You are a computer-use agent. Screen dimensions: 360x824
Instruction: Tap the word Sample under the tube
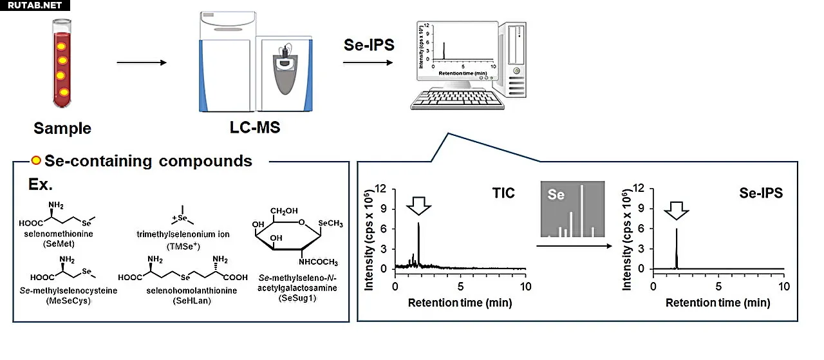click(62, 128)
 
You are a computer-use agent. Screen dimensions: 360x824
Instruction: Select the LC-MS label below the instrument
click(254, 128)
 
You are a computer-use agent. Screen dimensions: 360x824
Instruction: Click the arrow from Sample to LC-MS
click(142, 62)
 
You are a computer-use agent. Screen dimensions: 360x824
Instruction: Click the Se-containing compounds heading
click(148, 160)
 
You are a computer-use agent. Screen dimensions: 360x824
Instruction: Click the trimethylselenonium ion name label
click(183, 234)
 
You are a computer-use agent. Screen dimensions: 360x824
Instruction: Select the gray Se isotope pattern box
click(572, 209)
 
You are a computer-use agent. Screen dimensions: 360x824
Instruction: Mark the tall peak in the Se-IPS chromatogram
click(677, 248)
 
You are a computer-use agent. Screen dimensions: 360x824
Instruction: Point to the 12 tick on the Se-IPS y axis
click(640, 189)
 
